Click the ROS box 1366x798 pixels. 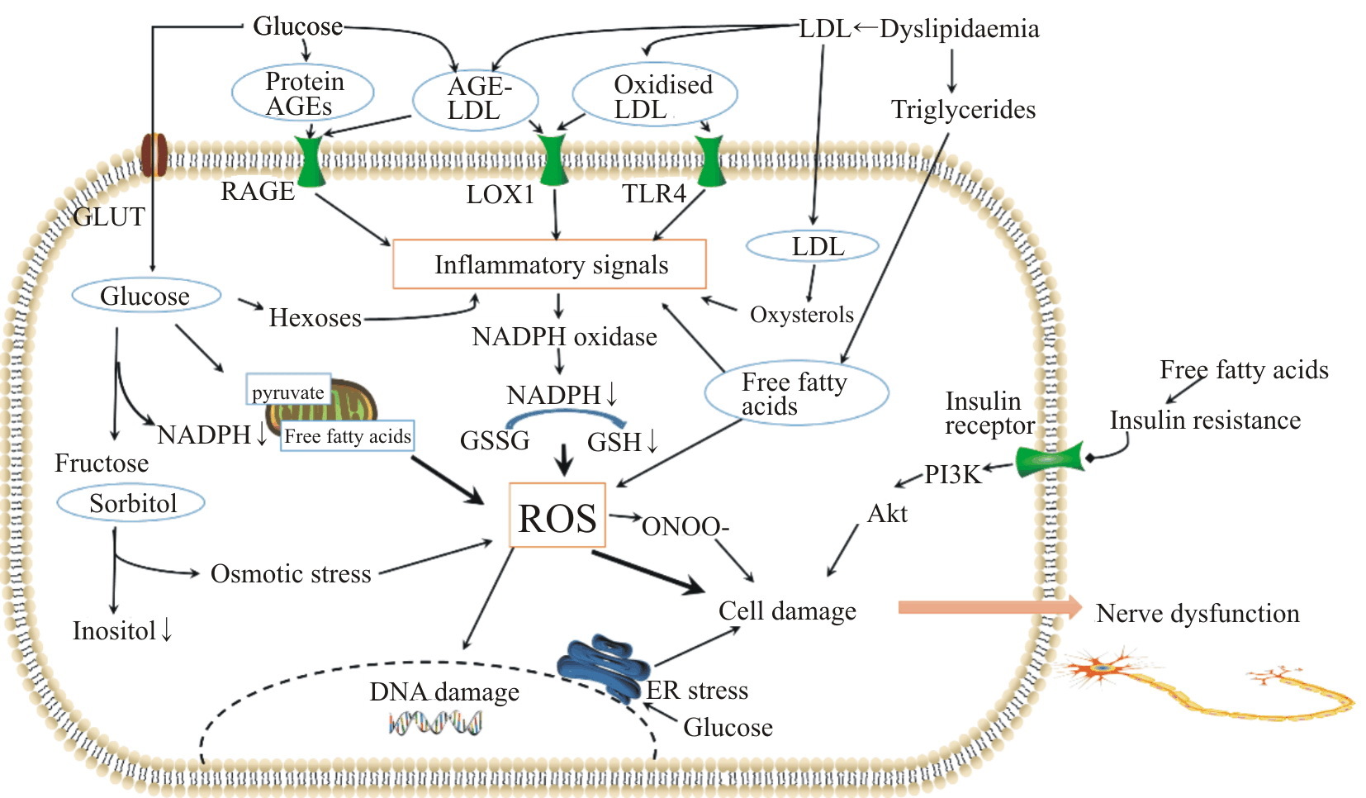(x=557, y=515)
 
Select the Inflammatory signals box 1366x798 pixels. (x=549, y=264)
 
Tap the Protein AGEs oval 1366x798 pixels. (x=303, y=93)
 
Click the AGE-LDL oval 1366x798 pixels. (x=476, y=98)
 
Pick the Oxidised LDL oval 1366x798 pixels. (x=654, y=97)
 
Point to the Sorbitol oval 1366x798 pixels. (x=131, y=503)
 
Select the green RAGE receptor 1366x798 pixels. (x=311, y=161)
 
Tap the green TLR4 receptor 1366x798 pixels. (x=709, y=161)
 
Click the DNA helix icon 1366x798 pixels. (x=435, y=724)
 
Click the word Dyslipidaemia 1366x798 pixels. (x=959, y=29)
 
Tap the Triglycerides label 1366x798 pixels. (x=963, y=110)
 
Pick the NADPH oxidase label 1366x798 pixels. (x=564, y=337)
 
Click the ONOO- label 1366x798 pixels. (x=685, y=527)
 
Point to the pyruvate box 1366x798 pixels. (x=288, y=392)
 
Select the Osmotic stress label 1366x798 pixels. (x=291, y=573)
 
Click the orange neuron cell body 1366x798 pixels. (x=1102, y=667)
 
